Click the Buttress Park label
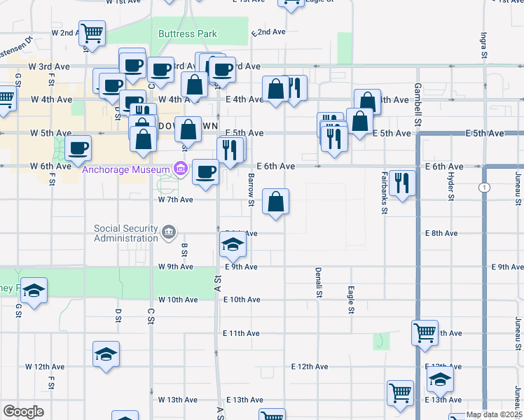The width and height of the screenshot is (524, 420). [x=188, y=34]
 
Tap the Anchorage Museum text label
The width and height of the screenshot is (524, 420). [x=126, y=169]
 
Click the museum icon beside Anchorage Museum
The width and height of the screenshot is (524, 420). [x=181, y=169]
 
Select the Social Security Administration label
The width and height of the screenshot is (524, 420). [x=126, y=233]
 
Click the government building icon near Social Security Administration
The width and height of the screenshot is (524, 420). [x=168, y=232]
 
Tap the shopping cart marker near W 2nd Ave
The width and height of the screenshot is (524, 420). [x=92, y=33]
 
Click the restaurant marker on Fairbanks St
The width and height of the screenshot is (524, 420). [x=402, y=183]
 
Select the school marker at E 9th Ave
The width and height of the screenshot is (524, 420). [x=233, y=245]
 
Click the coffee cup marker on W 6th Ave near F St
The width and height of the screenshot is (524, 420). [x=78, y=148]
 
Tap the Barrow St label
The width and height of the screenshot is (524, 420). [x=251, y=190]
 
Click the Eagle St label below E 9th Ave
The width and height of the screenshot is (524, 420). [x=350, y=300]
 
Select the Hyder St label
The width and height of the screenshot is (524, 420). [x=451, y=185]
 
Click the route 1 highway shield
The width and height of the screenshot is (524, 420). [x=484, y=188]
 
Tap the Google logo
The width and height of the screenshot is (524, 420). [x=23, y=412]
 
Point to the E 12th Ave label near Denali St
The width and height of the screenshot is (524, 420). [x=310, y=366]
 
